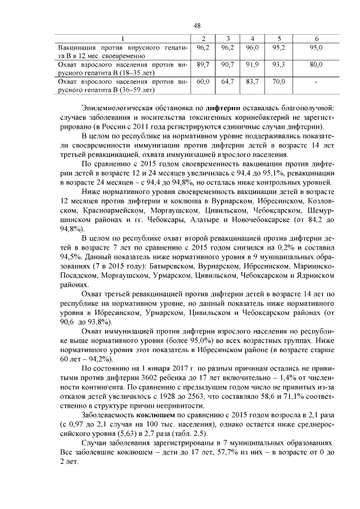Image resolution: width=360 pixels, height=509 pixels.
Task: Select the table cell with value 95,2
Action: pyautogui.click(x=279, y=48)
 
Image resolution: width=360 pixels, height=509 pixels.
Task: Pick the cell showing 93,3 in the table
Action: pyautogui.click(x=279, y=65)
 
